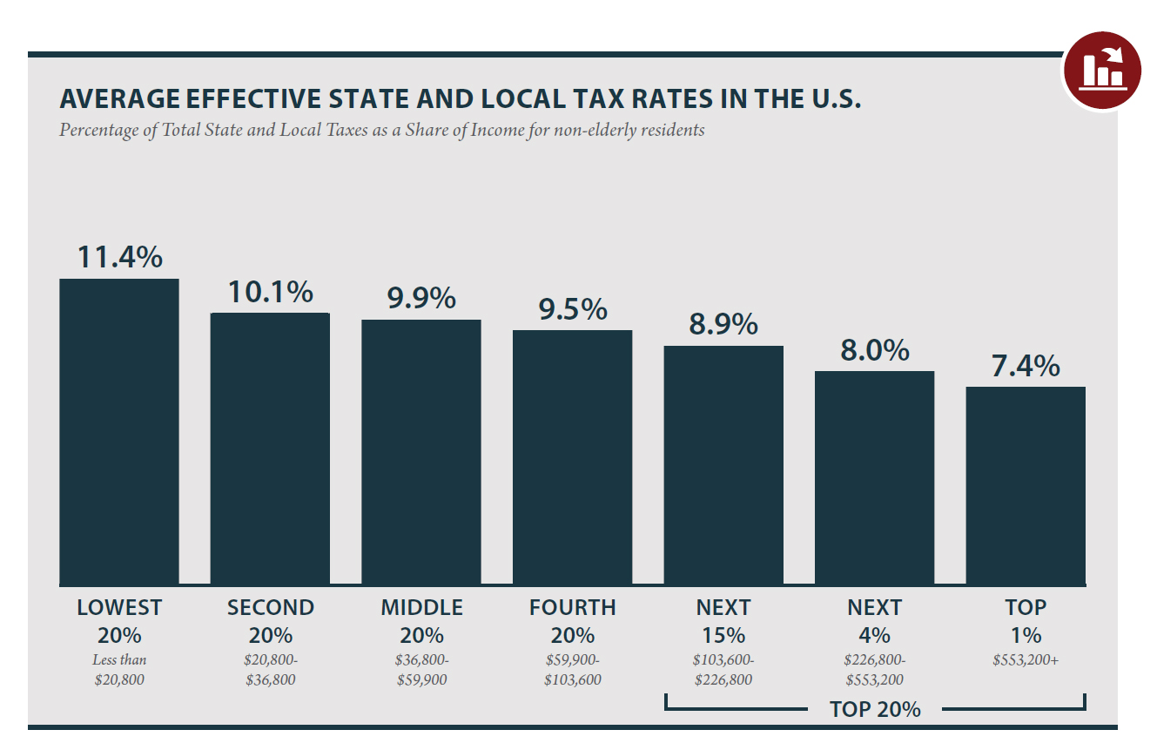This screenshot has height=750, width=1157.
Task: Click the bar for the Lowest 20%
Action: coord(119,431)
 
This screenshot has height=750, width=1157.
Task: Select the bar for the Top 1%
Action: coord(1026,485)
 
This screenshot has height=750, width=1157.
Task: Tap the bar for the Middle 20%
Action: coord(421,451)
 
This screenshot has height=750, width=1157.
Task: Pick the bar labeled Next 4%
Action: coord(874,477)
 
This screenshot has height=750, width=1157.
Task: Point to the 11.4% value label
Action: coord(119,257)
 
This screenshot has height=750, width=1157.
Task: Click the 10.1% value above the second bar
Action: coord(270,293)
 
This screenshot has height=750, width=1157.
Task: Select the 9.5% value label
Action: coord(572,309)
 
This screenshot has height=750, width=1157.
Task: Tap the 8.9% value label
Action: coord(723,325)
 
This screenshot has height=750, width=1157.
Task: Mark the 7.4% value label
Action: coord(1026,366)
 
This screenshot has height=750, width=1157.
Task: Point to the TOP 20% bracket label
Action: coord(875,709)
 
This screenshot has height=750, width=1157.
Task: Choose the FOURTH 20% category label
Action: coord(572,620)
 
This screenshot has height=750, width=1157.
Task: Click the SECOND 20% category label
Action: coord(270,620)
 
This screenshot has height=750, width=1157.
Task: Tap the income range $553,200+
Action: coord(1026,660)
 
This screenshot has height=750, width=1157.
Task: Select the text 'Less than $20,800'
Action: coord(119,670)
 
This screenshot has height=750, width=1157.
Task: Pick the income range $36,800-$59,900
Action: coord(421,670)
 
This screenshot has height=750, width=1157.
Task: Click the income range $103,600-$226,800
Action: coord(723,670)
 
